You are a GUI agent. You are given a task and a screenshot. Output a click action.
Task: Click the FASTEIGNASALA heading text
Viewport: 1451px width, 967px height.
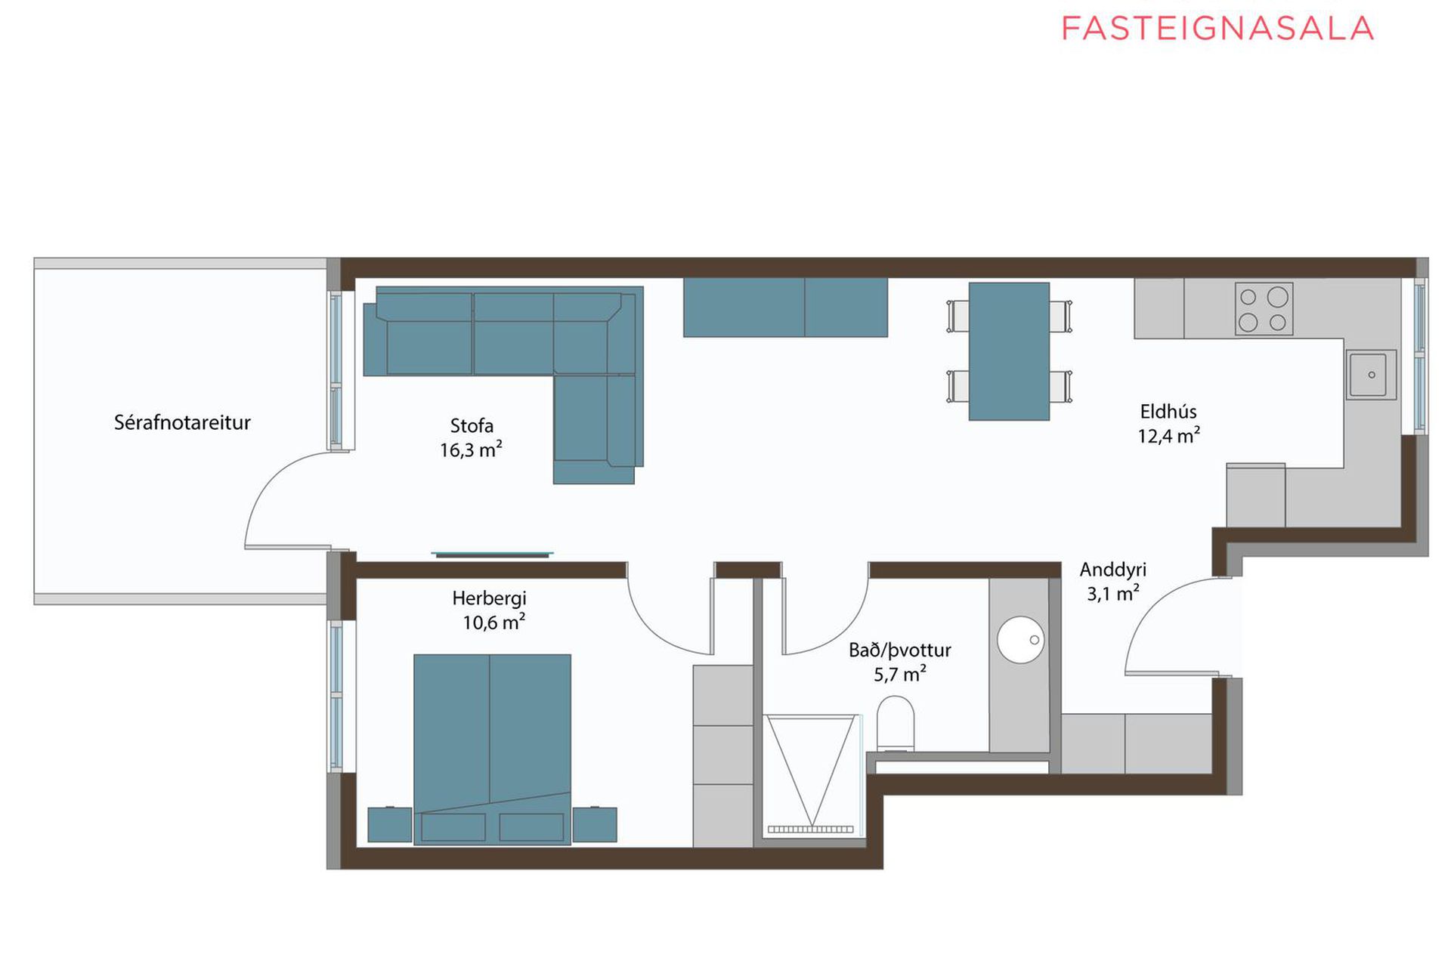point(1217,29)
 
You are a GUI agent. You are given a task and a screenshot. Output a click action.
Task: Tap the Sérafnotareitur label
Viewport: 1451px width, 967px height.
point(182,422)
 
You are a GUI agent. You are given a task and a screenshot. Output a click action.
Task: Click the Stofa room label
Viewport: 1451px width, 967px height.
point(472,425)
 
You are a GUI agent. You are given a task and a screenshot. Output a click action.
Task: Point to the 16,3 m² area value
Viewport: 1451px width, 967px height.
point(471,450)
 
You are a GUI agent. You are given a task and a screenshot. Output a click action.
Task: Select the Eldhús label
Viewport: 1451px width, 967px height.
point(1168,412)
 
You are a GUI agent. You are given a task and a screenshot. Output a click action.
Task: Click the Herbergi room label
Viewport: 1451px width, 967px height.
point(489,598)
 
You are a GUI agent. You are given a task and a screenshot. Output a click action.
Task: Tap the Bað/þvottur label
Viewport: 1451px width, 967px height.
point(899,650)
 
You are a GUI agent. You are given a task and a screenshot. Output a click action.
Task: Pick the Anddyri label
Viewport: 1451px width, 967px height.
point(1112,570)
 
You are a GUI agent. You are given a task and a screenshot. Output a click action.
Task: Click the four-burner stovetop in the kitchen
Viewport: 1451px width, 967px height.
point(1264,309)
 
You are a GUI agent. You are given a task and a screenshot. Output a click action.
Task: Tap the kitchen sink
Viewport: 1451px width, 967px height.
point(1371,375)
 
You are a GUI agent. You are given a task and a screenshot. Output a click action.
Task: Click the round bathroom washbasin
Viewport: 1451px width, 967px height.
point(1020,640)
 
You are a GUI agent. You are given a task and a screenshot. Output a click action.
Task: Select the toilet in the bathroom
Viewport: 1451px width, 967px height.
point(896,724)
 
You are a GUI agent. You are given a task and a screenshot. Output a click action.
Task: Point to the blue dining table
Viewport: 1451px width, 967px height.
point(1009,351)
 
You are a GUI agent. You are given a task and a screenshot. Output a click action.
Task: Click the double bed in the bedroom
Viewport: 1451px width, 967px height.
point(492,749)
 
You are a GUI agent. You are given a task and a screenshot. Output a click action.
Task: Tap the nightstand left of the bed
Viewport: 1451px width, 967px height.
point(390,824)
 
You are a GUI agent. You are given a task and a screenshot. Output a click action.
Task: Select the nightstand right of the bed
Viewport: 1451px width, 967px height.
point(595,824)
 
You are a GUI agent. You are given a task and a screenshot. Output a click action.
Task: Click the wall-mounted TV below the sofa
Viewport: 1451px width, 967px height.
point(492,555)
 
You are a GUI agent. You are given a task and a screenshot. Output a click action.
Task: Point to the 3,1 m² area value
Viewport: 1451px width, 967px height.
point(1112,594)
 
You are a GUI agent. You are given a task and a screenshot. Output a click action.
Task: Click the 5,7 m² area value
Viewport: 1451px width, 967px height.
point(899,674)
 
